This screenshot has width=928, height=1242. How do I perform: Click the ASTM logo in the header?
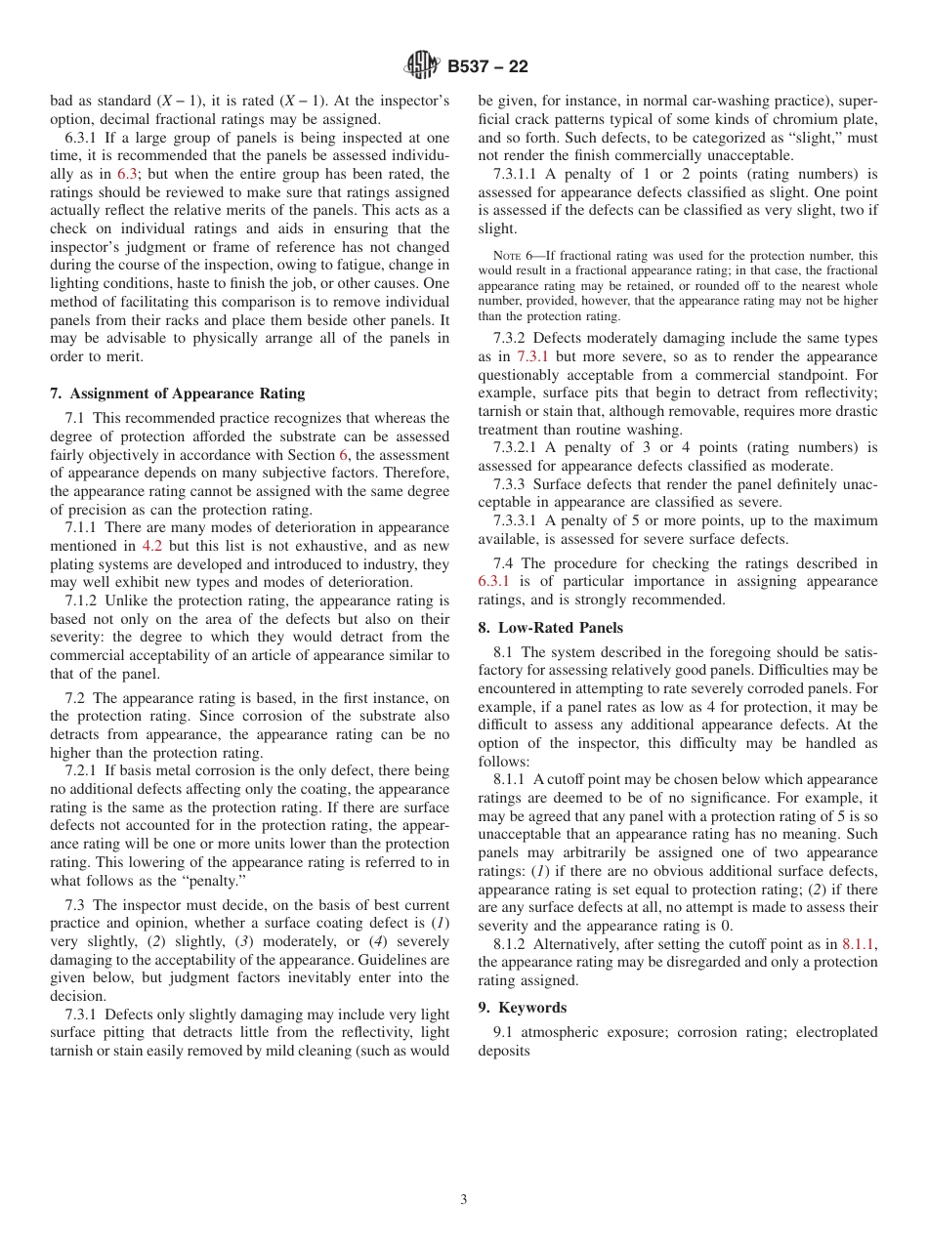(421, 66)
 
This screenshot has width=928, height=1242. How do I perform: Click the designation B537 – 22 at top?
(487, 66)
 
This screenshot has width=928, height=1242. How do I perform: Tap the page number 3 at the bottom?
(464, 1200)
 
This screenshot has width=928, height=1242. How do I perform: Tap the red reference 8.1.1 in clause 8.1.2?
(859, 944)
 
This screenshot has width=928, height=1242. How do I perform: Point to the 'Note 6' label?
(515, 256)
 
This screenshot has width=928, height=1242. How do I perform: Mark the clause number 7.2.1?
(82, 770)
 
